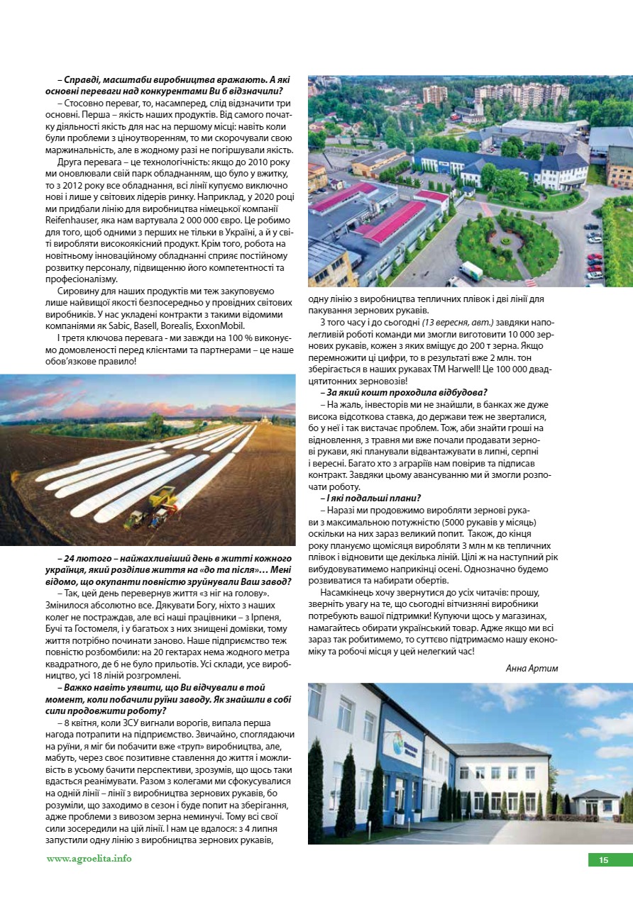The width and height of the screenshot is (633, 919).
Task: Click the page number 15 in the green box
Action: pyautogui.click(x=603, y=860)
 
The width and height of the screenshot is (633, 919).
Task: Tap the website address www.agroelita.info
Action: pyautogui.click(x=89, y=858)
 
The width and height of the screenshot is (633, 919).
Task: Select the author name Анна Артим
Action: pyautogui.click(x=532, y=668)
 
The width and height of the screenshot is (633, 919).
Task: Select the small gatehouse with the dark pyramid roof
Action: pyautogui.click(x=595, y=801)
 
